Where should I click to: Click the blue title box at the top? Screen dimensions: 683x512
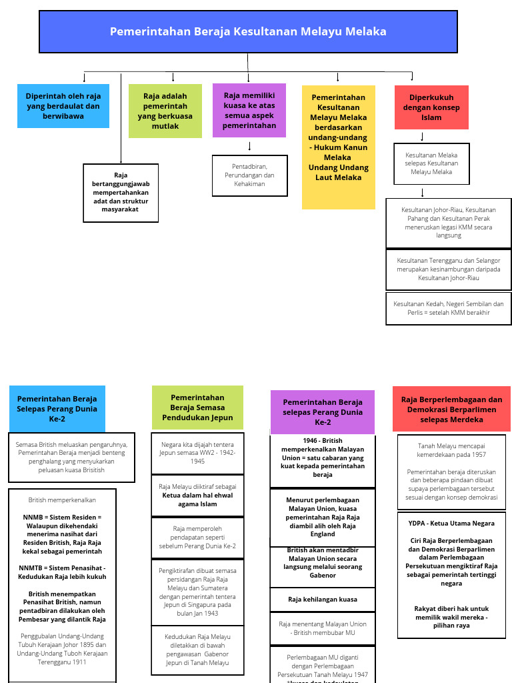[x=248, y=31]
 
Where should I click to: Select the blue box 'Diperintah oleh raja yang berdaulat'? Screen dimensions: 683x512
[x=63, y=106]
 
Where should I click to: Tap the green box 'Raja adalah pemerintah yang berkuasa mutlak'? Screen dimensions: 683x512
[x=165, y=111]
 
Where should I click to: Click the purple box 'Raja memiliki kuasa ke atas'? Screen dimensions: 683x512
[x=249, y=110]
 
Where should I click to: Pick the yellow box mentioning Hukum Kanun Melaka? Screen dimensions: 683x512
[x=338, y=147]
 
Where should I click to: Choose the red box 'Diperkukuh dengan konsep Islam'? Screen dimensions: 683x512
[x=431, y=107]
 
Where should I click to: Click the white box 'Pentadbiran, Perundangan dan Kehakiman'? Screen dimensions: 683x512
[x=249, y=175]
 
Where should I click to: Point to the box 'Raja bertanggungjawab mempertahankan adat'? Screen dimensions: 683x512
[x=121, y=192]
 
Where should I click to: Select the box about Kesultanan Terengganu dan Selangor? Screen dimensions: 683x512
[x=449, y=269]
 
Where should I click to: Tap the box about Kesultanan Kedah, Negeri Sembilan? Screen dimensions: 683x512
[x=449, y=308]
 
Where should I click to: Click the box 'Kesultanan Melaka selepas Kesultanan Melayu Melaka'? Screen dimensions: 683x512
[x=431, y=163]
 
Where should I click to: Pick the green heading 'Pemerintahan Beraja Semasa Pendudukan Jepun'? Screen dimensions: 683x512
[x=197, y=408]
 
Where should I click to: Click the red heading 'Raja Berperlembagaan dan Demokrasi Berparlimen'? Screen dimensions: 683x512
[x=451, y=409]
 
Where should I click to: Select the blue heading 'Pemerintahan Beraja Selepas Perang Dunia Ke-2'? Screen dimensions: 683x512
[x=57, y=409]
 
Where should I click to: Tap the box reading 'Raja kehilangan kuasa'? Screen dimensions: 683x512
[x=323, y=600]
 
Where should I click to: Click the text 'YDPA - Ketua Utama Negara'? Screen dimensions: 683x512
[x=451, y=524]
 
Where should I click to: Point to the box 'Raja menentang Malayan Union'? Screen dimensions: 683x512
[x=323, y=628]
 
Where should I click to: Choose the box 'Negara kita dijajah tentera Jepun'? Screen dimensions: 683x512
[x=197, y=453]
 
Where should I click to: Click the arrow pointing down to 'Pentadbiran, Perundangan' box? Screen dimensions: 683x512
[x=249, y=146]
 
